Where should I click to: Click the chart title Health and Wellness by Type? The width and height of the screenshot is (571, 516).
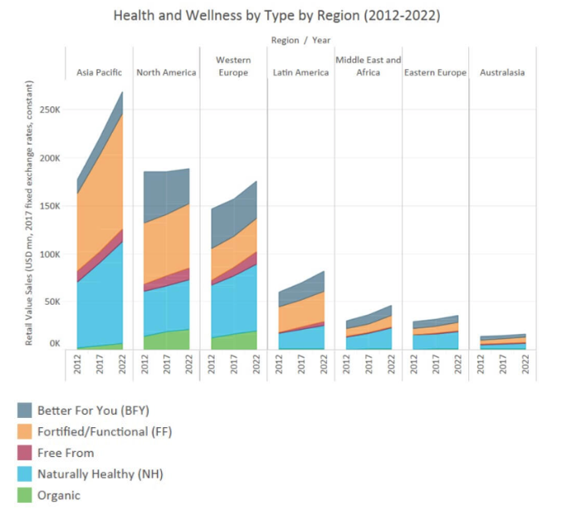(x=276, y=16)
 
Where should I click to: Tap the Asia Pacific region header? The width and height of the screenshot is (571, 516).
(x=98, y=72)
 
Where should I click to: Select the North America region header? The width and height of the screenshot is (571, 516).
(x=166, y=72)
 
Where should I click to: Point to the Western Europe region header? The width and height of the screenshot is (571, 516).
(x=233, y=66)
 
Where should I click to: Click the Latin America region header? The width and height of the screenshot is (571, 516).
(x=300, y=72)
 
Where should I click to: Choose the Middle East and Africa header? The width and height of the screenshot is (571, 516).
(x=368, y=66)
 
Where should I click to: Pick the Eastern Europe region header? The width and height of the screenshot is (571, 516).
(x=435, y=72)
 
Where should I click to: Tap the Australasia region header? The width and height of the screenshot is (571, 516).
(x=502, y=72)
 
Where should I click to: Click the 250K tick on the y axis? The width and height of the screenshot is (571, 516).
(x=49, y=110)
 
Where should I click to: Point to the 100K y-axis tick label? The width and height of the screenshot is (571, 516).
(x=49, y=254)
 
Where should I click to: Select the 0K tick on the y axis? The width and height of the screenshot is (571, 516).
(x=54, y=343)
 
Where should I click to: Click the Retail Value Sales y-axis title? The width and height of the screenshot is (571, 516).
(x=30, y=214)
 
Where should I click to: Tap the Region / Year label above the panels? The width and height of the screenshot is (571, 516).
(x=300, y=39)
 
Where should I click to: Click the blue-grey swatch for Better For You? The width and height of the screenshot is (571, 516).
(x=25, y=410)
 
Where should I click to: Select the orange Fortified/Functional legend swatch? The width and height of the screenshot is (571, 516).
(x=25, y=431)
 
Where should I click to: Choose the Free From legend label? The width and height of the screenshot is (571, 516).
(x=66, y=453)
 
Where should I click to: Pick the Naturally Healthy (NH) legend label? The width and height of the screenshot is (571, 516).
(x=100, y=474)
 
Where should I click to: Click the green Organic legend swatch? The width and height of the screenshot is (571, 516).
(x=25, y=496)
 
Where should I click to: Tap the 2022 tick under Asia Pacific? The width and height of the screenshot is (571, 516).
(x=122, y=366)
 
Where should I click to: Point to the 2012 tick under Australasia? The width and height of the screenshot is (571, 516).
(x=481, y=366)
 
